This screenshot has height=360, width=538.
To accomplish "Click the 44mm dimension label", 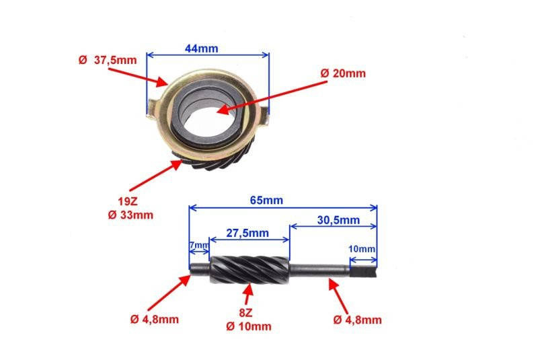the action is point(201,48).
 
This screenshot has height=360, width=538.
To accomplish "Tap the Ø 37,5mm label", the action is point(108,60).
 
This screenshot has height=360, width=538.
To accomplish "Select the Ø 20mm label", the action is point(343,73).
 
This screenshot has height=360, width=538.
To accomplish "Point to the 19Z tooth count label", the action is point(128,201).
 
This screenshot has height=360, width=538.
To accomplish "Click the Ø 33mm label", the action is point(130,215).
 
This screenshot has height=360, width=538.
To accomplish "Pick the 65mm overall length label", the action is point(266,200).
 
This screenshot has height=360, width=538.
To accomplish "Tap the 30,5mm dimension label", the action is point(338,220).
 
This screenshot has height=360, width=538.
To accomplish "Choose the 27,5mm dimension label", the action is point(247,233).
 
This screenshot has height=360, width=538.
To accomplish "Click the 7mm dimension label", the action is point(199,246).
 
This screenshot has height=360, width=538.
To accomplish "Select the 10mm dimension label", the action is point(362,249).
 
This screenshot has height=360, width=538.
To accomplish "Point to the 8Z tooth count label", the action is point(245,313).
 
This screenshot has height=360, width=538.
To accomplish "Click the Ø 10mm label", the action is point(249,326).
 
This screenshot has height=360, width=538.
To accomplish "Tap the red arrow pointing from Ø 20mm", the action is point(272,97).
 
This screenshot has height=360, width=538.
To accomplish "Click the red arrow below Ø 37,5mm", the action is point(138,77).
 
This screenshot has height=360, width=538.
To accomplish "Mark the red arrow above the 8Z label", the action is point(248,295).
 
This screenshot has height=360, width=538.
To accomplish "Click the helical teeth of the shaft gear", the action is point(250,270).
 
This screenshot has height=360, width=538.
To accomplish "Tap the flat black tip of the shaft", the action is point(363,272).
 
